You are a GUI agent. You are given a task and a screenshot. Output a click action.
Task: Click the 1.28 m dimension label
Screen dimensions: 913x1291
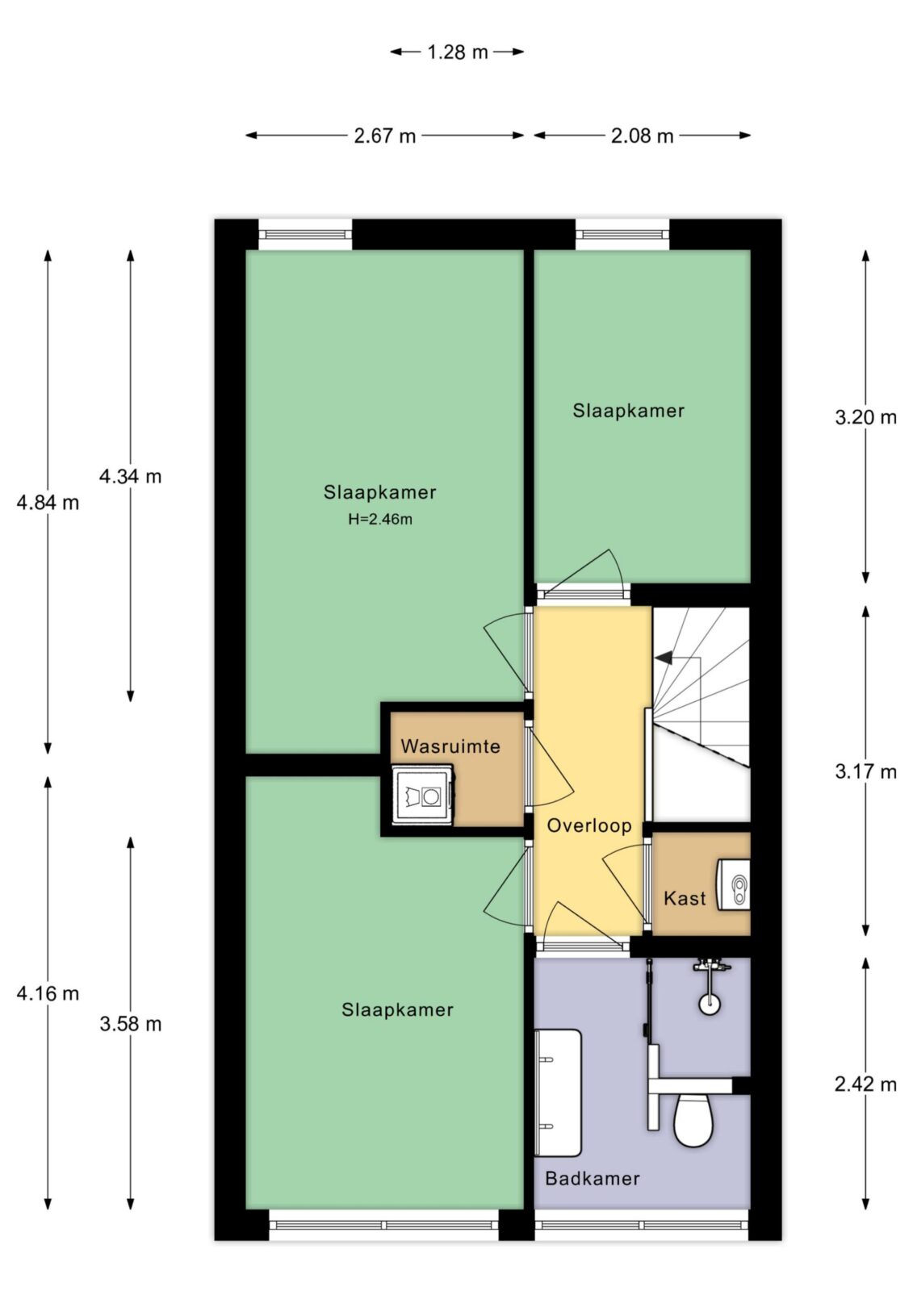(458, 52)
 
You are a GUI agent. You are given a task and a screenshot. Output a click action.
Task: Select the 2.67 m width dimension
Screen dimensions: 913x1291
(385, 136)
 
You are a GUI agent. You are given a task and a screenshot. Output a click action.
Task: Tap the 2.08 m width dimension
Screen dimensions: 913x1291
(642, 136)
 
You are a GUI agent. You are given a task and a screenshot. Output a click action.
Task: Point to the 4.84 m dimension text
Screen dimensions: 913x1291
(48, 503)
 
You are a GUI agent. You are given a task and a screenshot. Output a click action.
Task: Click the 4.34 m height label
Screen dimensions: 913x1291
(130, 477)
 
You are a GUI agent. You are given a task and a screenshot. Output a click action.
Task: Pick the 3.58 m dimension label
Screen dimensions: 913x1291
(130, 1024)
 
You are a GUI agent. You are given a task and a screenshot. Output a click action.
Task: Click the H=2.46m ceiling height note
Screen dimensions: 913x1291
(380, 520)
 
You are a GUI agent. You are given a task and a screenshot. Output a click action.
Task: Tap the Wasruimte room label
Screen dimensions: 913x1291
(450, 746)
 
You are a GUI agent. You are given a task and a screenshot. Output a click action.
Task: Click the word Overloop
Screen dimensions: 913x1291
(588, 826)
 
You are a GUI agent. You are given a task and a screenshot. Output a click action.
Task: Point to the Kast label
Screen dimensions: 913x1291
(685, 899)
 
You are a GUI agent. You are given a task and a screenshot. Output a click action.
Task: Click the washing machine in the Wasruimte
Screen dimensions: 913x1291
(423, 796)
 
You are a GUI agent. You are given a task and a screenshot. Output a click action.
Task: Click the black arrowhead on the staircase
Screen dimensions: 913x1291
(664, 657)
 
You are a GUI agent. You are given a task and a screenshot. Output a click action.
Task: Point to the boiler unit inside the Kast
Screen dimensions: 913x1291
(733, 884)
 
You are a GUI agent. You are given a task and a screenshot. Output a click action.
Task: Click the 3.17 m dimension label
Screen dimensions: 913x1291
(865, 771)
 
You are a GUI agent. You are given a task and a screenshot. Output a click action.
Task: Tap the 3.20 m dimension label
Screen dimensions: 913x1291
(865, 417)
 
